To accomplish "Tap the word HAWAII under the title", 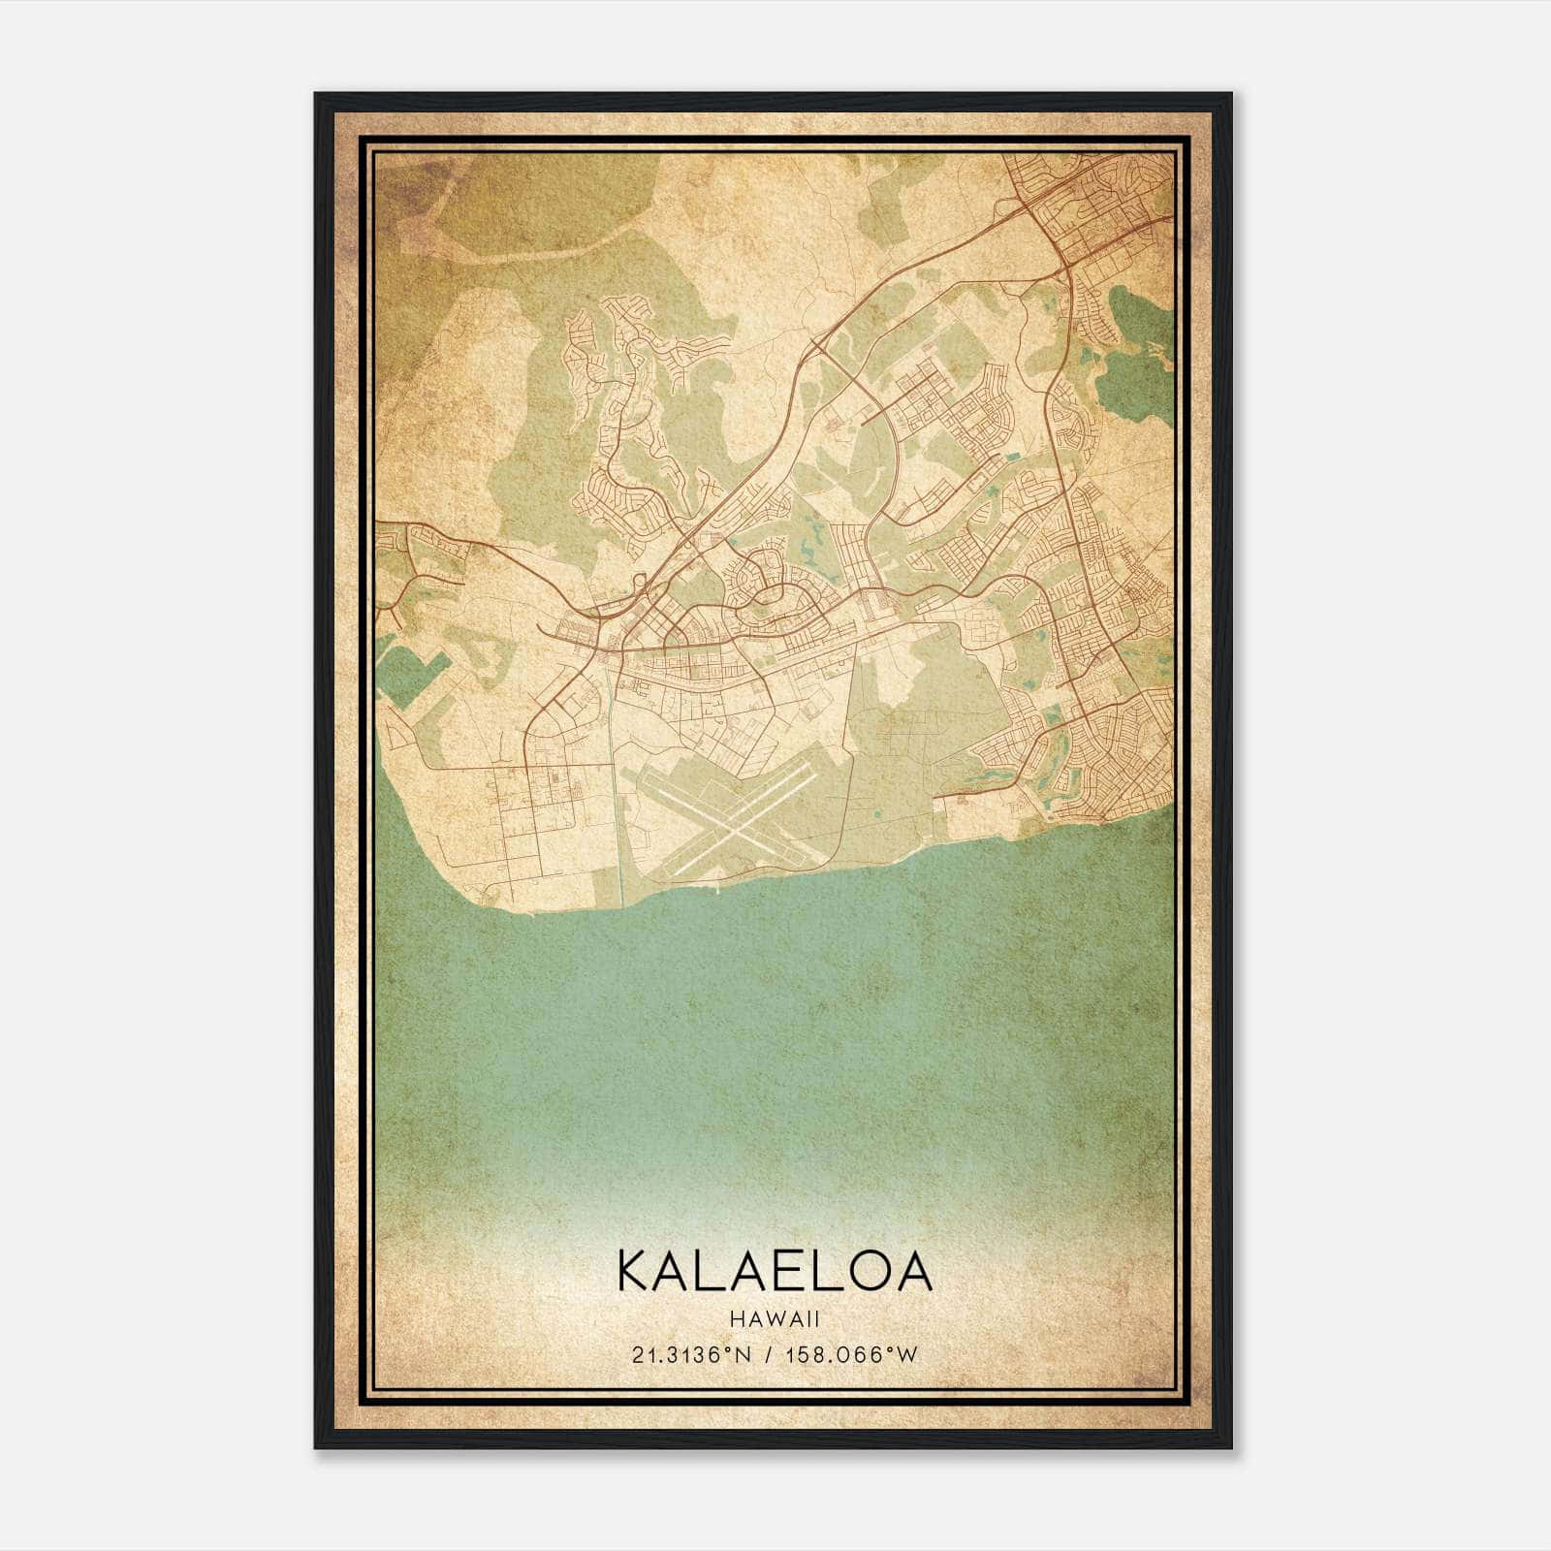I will [x=775, y=1319].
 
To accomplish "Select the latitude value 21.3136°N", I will [x=689, y=1355].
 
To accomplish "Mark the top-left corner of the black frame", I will [x=316, y=94].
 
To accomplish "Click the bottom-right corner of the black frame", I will [x=1231, y=1447].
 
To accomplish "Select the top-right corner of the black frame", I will [x=1231, y=94].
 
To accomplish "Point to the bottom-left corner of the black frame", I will [x=316, y=1447].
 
